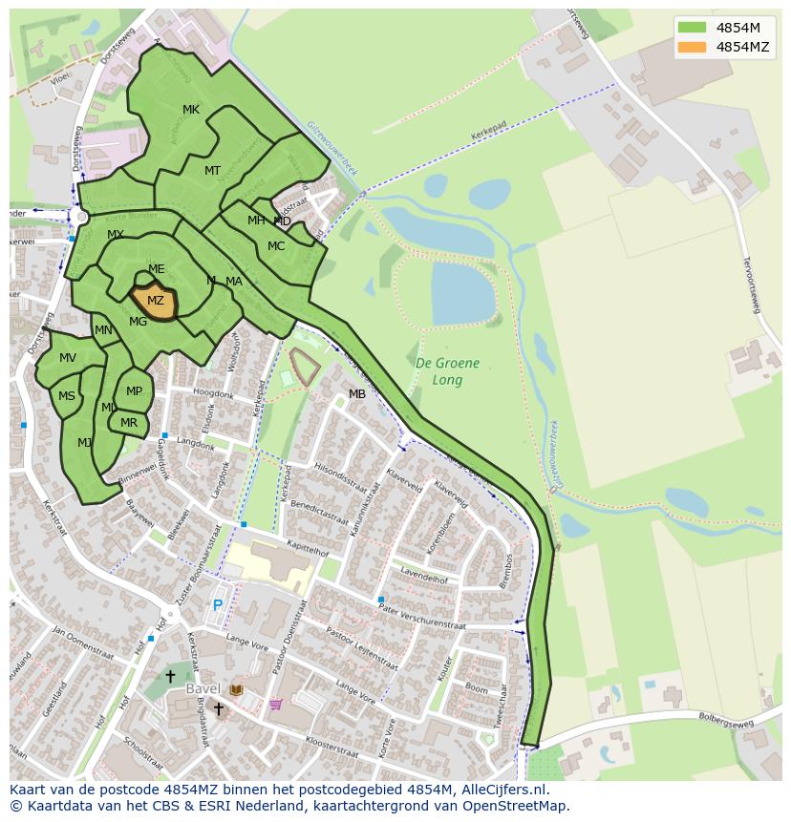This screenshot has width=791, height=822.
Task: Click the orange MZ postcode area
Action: pyautogui.click(x=155, y=302)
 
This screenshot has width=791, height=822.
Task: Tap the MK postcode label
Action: pyautogui.click(x=191, y=110)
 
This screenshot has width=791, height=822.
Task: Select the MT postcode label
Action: pyautogui.click(x=213, y=171)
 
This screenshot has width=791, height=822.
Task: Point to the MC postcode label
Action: pyautogui.click(x=276, y=246)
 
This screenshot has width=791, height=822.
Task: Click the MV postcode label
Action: pyautogui.click(x=68, y=358)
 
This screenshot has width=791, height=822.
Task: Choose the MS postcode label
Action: pyautogui.click(x=67, y=396)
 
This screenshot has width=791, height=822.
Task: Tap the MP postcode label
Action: pyautogui.click(x=134, y=390)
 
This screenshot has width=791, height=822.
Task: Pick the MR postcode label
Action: pyautogui.click(x=129, y=423)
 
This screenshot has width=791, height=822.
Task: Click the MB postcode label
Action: pyautogui.click(x=357, y=394)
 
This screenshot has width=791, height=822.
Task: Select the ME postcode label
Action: pyautogui.click(x=157, y=269)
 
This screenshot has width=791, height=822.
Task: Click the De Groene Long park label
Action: pyautogui.click(x=447, y=371)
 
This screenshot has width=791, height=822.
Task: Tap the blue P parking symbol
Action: pyautogui.click(x=218, y=605)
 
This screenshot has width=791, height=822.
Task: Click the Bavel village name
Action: pyautogui.click(x=203, y=688)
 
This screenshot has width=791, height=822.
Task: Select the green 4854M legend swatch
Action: pyautogui.click(x=693, y=28)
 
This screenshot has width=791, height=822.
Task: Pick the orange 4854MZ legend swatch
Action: pyautogui.click(x=693, y=47)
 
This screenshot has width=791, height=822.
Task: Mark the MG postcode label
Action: pyautogui.click(x=139, y=322)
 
